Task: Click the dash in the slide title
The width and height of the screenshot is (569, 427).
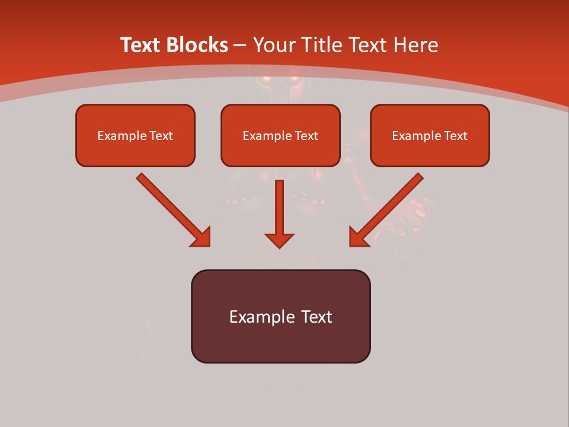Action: pos(240,46)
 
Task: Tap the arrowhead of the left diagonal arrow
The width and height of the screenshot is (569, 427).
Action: pos(202,238)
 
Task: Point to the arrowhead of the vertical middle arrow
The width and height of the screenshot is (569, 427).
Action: pos(279,240)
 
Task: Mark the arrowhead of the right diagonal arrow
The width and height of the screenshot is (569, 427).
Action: pos(358,237)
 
